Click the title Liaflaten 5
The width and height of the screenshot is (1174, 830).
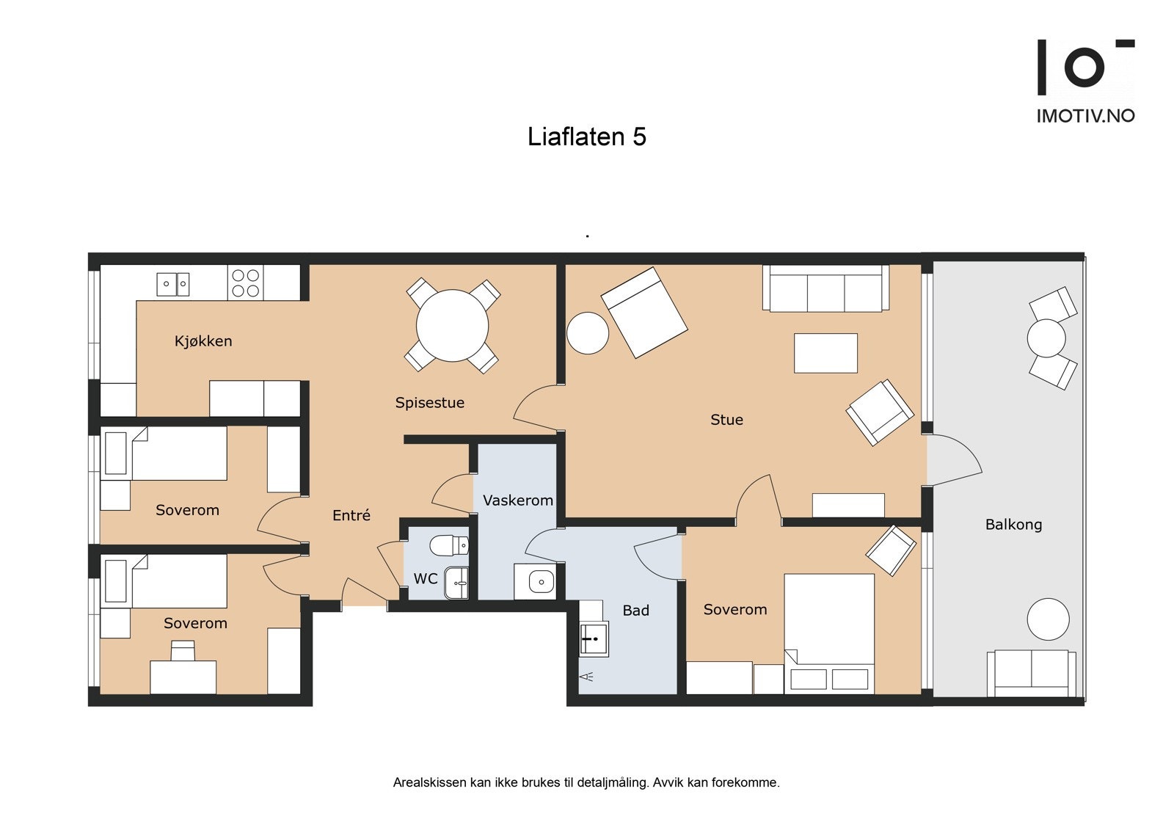586,137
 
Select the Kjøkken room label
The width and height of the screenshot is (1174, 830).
203,341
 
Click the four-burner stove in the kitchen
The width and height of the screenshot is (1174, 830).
245,283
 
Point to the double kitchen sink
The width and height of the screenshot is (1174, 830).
173,283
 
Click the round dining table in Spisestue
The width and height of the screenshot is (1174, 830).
452,326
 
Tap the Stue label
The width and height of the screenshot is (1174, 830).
726,420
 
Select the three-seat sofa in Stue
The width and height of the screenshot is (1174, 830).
825,289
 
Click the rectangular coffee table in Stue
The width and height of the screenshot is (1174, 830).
825,353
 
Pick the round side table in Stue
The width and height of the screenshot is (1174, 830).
588,333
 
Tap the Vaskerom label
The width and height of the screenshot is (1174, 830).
517,500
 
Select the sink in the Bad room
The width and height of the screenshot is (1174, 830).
594,638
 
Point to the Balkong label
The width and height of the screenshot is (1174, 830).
1013,525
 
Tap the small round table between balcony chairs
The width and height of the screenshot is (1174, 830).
1046,338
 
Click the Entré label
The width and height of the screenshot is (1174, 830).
351,516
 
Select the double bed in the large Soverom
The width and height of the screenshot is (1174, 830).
829,633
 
